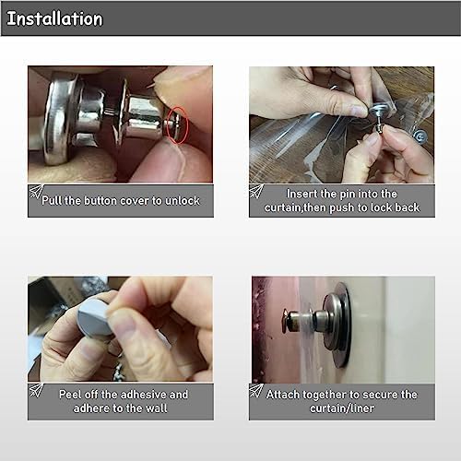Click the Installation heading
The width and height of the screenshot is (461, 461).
pos(54,18)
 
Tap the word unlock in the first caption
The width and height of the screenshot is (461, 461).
pos(183,201)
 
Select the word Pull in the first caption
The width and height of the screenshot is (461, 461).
pos(52,201)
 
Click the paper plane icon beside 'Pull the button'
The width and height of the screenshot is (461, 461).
pos(36,192)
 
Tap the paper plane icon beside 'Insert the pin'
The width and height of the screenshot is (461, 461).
pos(256,191)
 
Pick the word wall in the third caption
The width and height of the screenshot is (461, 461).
pos(156,408)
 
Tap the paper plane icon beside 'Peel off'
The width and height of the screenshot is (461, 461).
pos(36,390)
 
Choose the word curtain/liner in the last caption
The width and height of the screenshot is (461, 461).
pos(342,408)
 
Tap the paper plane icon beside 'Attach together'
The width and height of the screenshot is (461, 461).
pos(256,390)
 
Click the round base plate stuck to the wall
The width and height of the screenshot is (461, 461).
pos(344,325)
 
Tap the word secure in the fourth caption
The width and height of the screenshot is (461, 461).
pos(379,395)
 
